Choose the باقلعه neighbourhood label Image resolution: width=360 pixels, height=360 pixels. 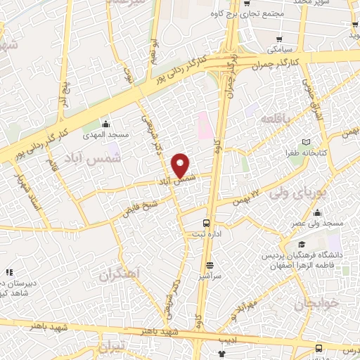pyautogui.click(x=276, y=118)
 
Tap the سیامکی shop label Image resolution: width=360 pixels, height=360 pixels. pyautogui.click(x=281, y=50)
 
